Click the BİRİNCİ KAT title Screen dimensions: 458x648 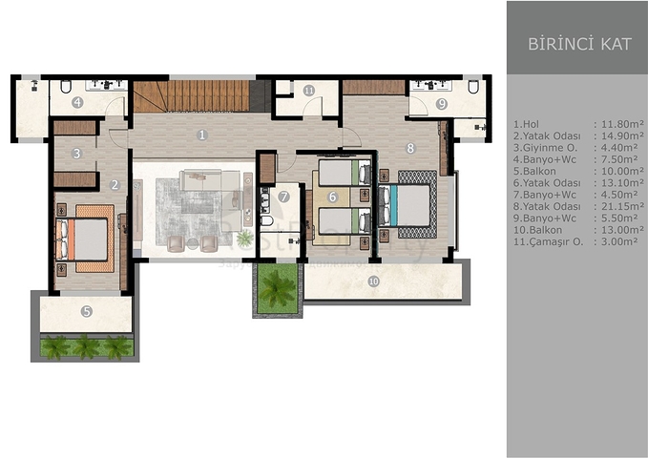(x=578, y=44)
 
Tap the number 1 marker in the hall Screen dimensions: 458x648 (x=201, y=135)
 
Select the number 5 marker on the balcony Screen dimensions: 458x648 (x=86, y=310)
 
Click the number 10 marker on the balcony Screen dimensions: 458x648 (x=373, y=281)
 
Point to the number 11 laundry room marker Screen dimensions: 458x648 (x=308, y=91)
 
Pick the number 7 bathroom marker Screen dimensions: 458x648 (x=283, y=198)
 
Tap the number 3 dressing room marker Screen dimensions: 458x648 (x=76, y=153)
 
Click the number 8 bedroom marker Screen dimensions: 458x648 (x=409, y=148)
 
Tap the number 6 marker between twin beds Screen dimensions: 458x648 (x=332, y=197)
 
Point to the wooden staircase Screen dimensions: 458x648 (x=191, y=96)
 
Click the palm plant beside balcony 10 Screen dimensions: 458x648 (x=278, y=285)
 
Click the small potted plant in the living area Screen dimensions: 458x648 (x=245, y=237)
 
